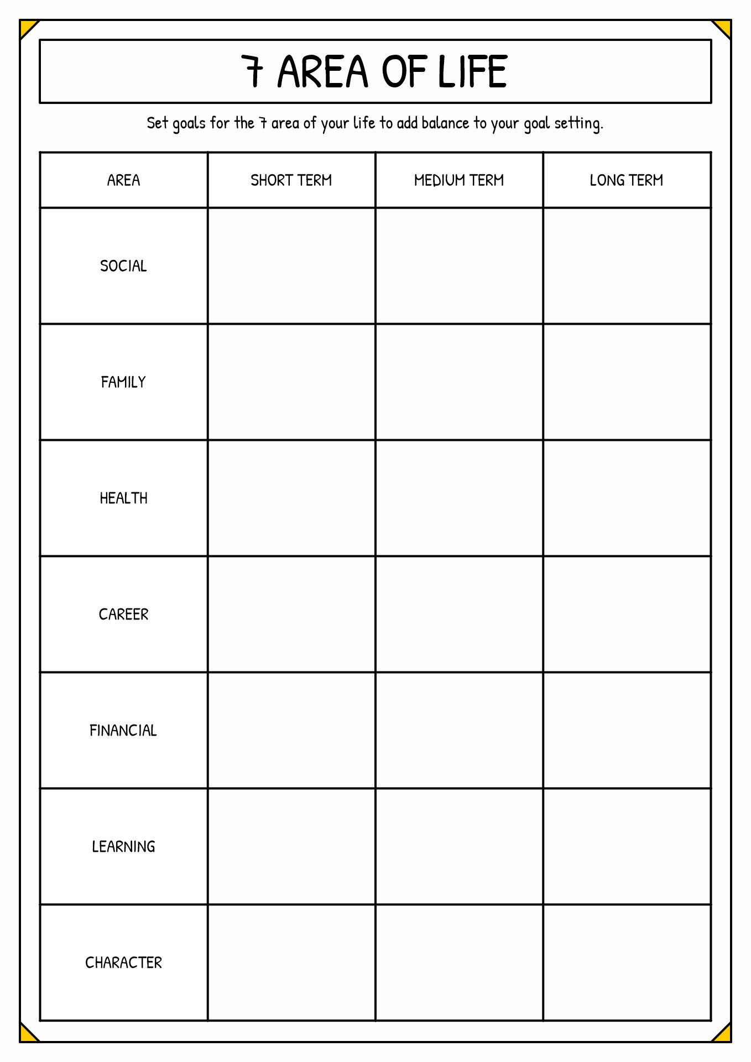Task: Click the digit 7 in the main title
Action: pyautogui.click(x=253, y=72)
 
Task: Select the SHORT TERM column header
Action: pyautogui.click(x=291, y=180)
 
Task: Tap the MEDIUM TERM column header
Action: pyautogui.click(x=459, y=180)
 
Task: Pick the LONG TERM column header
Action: pyautogui.click(x=627, y=180)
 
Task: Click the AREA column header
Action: pyautogui.click(x=123, y=180)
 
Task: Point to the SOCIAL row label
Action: pyautogui.click(x=123, y=266)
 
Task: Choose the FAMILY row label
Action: pyautogui.click(x=123, y=382)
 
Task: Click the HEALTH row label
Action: pyautogui.click(x=123, y=498)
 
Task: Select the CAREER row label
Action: pyautogui.click(x=123, y=615)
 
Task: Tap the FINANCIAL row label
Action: pyautogui.click(x=123, y=731)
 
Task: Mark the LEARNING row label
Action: pyautogui.click(x=123, y=847)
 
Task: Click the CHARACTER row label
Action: pyautogui.click(x=123, y=963)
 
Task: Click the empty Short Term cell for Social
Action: pyautogui.click(x=291, y=266)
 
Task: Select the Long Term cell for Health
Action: pyautogui.click(x=627, y=498)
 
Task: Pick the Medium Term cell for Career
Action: pyautogui.click(x=459, y=615)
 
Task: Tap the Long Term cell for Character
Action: pyautogui.click(x=627, y=963)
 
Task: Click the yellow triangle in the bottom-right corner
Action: pyautogui.click(x=723, y=1034)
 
